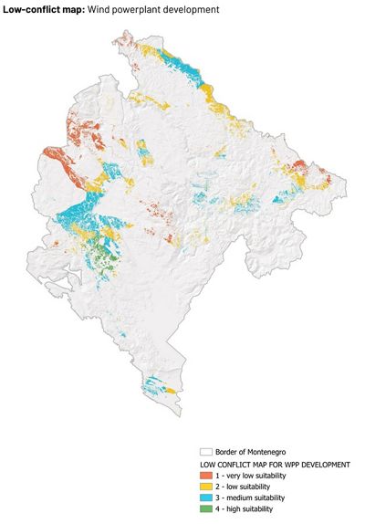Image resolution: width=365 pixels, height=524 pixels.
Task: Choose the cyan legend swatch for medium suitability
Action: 205,498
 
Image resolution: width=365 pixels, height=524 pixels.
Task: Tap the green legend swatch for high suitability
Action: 205,508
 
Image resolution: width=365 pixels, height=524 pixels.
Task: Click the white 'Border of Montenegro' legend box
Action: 205,452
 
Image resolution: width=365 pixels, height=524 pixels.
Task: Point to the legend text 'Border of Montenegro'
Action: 253,452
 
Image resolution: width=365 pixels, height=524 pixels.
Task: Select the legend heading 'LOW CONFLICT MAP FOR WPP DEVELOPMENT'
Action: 275,465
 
